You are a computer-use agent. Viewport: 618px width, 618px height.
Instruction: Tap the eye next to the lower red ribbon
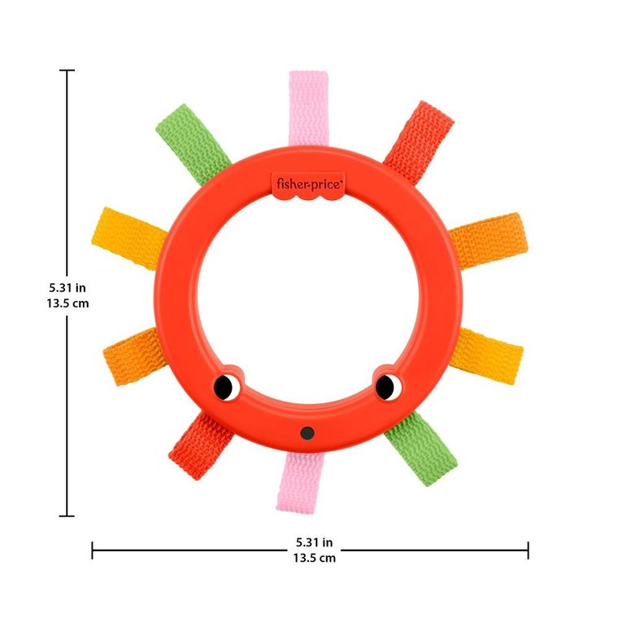(227, 386)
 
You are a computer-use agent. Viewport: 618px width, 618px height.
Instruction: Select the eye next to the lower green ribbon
(386, 386)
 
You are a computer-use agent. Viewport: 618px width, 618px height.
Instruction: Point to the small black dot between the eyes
(307, 433)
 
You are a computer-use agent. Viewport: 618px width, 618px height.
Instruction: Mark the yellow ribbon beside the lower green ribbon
(488, 351)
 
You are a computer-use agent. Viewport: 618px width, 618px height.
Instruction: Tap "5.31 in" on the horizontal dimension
(314, 542)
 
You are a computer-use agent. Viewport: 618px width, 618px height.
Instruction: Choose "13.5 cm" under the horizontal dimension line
(314, 558)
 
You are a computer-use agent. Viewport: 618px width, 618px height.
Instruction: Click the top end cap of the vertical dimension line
(67, 71)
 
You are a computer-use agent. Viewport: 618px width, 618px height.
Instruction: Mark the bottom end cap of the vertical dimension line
(67, 516)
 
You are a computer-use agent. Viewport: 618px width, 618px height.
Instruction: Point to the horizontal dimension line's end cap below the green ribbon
(528, 551)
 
